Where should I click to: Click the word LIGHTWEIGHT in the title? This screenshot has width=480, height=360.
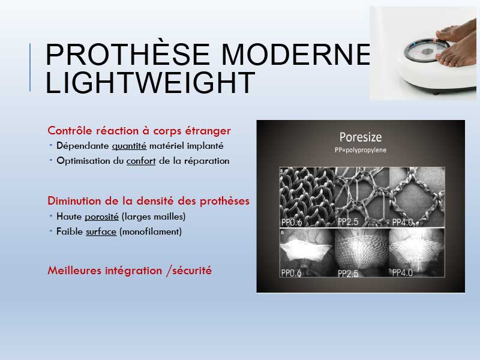(151, 82)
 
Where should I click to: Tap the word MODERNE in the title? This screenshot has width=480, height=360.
(296, 55)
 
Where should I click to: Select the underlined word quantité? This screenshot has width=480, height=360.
(129, 146)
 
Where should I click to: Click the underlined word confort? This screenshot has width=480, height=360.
(141, 161)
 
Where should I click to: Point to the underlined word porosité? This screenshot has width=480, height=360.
(101, 217)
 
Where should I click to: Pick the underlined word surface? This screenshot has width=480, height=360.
(101, 232)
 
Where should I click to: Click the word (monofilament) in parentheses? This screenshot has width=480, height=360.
(151, 232)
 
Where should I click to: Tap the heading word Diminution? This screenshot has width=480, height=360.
(74, 201)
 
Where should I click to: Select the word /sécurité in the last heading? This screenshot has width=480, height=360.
(189, 271)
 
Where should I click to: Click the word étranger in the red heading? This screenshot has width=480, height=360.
(208, 131)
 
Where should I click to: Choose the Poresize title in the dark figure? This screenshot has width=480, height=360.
(361, 137)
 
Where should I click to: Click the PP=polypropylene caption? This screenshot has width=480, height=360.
(361, 150)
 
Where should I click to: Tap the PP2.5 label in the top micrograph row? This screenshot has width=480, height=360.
(348, 221)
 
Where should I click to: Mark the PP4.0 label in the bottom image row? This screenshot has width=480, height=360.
(403, 272)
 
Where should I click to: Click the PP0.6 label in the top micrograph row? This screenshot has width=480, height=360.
(292, 222)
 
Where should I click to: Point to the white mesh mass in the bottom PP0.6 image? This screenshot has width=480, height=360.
(306, 250)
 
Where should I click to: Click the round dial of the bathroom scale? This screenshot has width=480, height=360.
(427, 50)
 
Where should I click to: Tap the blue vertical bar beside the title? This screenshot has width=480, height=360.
(30, 67)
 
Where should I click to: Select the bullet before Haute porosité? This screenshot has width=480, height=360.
(51, 216)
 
